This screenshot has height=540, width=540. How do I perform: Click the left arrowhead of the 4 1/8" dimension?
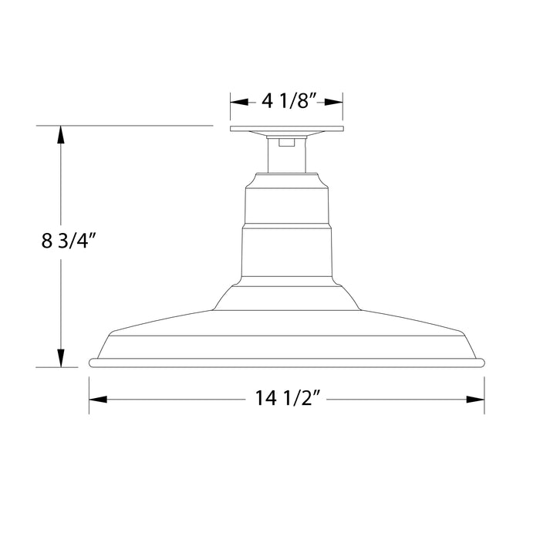(x=238, y=101)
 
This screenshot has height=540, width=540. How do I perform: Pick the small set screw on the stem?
(x=287, y=141)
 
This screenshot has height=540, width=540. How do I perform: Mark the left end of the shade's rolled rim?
(x=93, y=362)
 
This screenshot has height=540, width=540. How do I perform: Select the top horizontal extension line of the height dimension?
(x=123, y=125)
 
